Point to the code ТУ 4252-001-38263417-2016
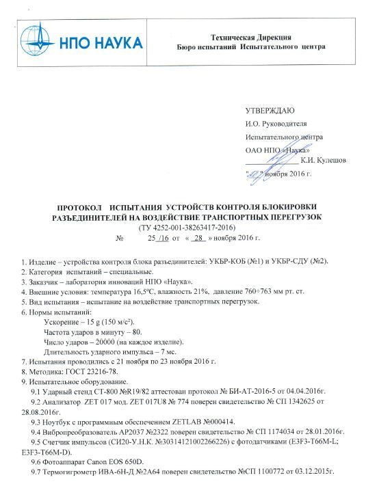point(187,226)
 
